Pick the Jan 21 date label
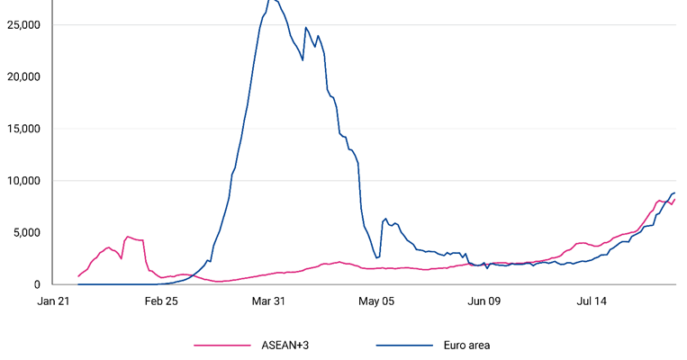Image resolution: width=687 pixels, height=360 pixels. coord(54,301)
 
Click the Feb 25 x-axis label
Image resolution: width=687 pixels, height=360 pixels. coord(161,301)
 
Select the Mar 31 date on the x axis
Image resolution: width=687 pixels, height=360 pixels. coord(268,301)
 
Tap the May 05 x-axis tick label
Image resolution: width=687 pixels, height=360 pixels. coord(376,301)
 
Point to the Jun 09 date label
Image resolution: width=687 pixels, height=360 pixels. coord(484,301)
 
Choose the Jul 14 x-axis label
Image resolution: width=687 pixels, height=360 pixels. coord(591,301)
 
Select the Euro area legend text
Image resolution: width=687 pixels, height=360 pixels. coord(466,345)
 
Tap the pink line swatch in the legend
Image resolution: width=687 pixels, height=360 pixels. coord(222,345)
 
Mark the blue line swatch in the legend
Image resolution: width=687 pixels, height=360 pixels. coord(403,345)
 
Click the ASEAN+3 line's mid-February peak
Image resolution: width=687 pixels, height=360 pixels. coord(128,237)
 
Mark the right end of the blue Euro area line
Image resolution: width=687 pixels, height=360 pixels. coord(674,193)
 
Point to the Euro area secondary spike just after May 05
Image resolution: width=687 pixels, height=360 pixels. coord(385,218)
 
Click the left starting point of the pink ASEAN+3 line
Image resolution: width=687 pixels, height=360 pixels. coord(78,276)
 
